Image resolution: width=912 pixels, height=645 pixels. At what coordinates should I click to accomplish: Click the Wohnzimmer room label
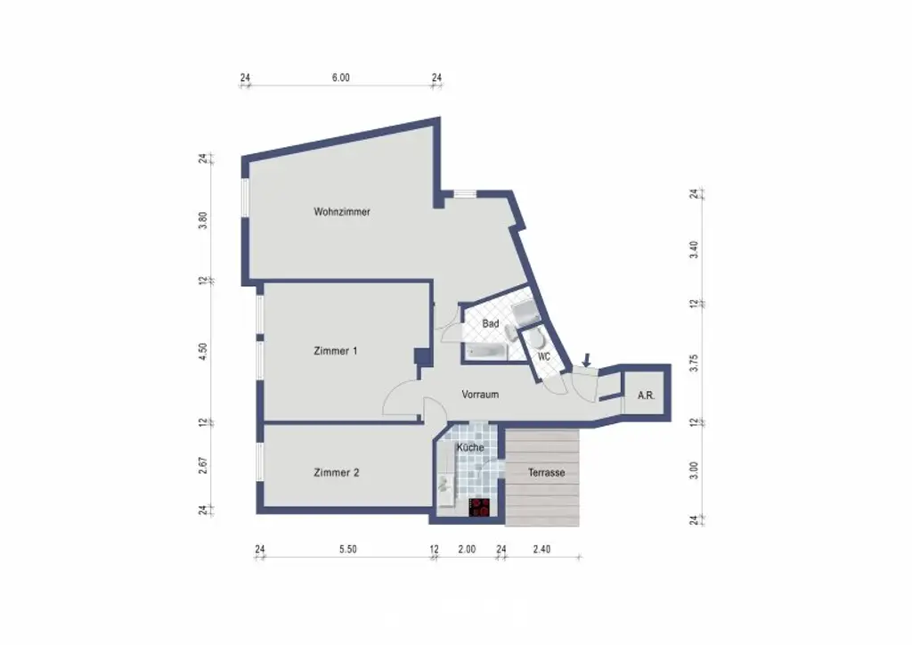pos(342,212)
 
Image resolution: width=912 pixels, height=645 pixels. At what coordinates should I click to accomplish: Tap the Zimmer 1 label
pos(336,351)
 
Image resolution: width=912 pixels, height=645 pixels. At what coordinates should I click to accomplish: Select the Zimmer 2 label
pos(336,473)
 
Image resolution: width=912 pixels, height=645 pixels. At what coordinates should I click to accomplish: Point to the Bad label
pos(491,324)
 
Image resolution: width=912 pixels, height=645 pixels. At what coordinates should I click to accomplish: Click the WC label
pos(543,356)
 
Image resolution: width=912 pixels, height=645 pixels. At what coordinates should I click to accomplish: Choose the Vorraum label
pos(480,394)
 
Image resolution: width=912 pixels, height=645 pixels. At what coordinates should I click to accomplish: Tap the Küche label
pos(470,447)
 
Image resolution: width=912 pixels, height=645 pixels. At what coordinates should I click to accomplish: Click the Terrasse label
pos(546,473)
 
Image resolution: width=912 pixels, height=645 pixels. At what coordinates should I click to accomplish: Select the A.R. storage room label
pos(646,395)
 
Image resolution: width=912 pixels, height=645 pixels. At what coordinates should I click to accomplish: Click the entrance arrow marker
pos(585,360)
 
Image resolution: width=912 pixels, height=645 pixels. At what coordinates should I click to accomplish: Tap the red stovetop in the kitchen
pos(480,508)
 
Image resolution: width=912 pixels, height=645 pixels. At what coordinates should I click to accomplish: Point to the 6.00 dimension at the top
pos(341,78)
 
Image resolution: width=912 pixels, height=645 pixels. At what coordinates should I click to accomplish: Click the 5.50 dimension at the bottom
pos(347,550)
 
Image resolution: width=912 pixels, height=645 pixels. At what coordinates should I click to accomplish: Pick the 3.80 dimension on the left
pos(203,221)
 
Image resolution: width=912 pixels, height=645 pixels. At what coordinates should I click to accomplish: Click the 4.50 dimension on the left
pos(203,351)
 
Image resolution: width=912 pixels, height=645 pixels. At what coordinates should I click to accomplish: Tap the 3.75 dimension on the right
pos(694,362)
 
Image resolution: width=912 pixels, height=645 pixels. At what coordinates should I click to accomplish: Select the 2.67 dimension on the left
pos(203,466)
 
